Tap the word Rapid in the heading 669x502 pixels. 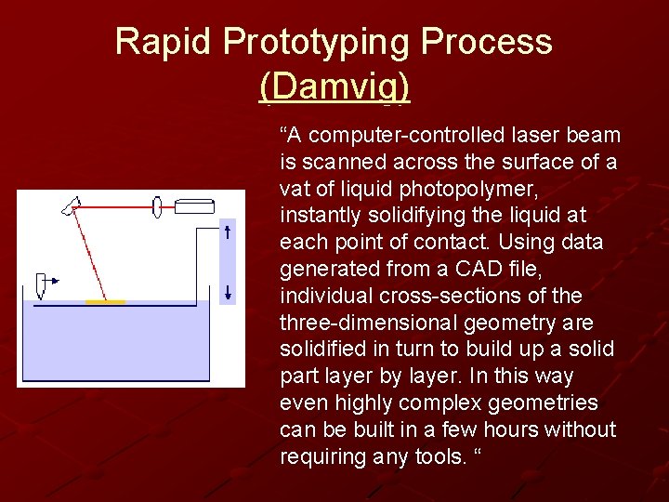[x=165, y=42]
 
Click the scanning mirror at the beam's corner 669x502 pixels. [x=71, y=205]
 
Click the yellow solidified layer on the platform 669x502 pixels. [x=105, y=301]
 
